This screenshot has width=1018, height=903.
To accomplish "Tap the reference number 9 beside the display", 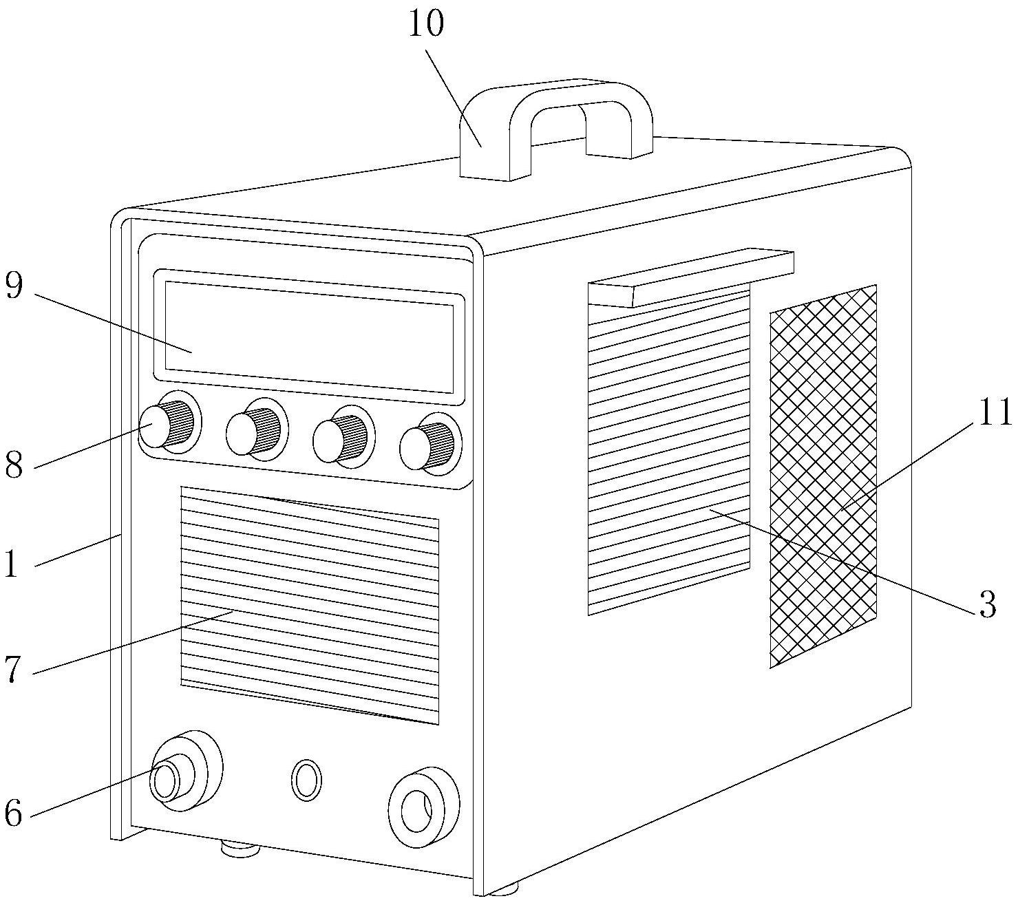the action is tap(14, 285).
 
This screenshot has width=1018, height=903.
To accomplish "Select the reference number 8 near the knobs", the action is tap(14, 465).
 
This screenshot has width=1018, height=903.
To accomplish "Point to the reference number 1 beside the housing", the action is tap(11, 564).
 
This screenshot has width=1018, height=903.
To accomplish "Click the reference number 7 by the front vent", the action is tap(14, 669).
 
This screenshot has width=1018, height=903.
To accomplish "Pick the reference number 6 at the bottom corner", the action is tap(14, 813).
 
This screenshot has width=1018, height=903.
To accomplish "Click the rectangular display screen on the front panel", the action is tap(308, 337).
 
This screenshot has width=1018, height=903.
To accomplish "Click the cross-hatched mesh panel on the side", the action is tap(823, 476).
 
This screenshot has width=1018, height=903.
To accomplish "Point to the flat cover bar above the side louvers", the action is tap(691, 277).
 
